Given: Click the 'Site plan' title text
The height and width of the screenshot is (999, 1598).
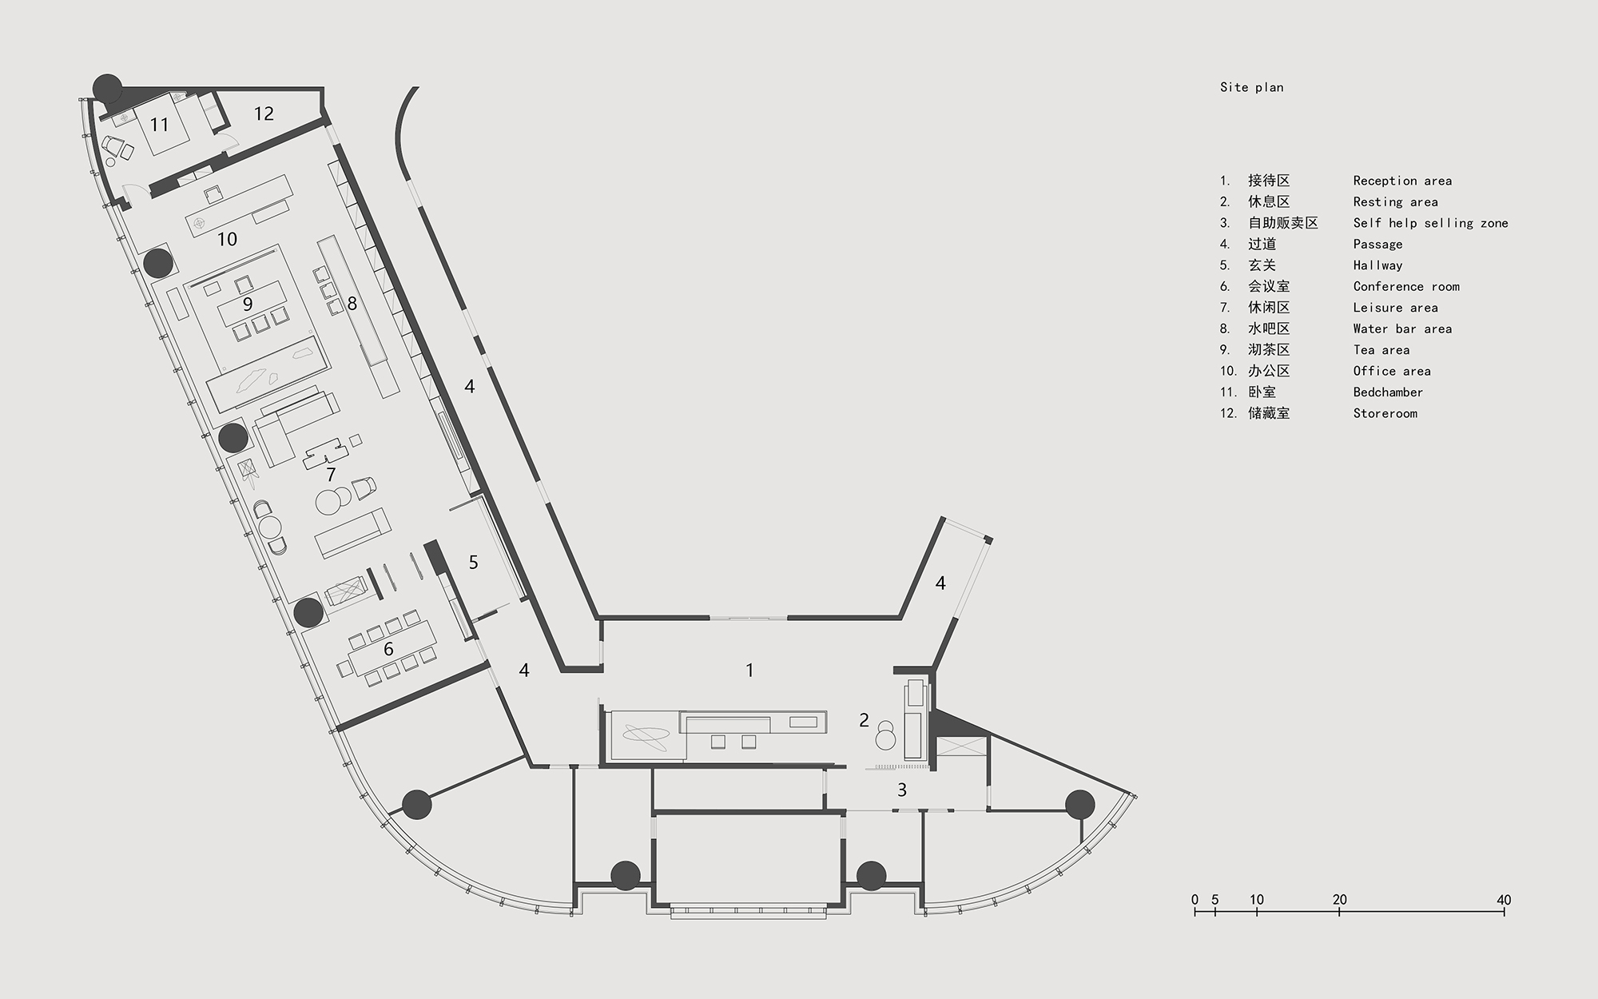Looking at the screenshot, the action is (x=1251, y=87).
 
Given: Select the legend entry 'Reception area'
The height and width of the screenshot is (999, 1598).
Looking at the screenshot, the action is (x=1402, y=181).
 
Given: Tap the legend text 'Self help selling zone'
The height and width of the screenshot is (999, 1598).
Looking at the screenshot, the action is (x=1430, y=223).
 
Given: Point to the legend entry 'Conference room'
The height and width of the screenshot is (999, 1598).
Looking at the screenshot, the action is (x=1406, y=286).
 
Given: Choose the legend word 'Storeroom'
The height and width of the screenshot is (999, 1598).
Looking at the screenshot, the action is (x=1385, y=413).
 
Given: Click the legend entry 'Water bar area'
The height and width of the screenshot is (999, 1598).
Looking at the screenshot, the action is (x=1402, y=328).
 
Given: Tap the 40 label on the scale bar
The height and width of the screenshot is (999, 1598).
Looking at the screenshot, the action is (x=1504, y=900).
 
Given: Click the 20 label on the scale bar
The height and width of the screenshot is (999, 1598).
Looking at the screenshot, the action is (x=1340, y=900).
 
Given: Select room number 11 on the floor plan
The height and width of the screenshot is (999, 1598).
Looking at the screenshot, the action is (x=159, y=125).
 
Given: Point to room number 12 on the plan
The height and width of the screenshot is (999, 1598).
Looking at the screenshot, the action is (x=264, y=113).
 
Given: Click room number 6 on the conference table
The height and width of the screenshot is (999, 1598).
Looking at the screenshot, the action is (x=388, y=649).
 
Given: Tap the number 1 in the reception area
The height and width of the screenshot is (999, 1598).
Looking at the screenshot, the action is (x=749, y=670).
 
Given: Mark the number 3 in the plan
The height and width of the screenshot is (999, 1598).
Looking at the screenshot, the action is (x=902, y=790).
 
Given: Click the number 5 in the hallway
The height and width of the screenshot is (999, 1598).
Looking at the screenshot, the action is (x=473, y=563).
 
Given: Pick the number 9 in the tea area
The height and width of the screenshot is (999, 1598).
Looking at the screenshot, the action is (x=248, y=304).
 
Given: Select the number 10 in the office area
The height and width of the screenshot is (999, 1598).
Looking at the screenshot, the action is (x=227, y=239).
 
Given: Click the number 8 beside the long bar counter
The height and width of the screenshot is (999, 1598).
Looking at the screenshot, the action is (x=352, y=304).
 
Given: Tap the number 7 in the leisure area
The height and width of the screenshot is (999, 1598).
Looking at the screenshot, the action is (x=331, y=476).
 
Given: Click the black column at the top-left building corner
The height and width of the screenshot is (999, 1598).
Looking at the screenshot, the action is (x=107, y=87).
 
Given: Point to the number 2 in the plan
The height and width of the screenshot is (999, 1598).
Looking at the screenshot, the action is (x=864, y=720).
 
